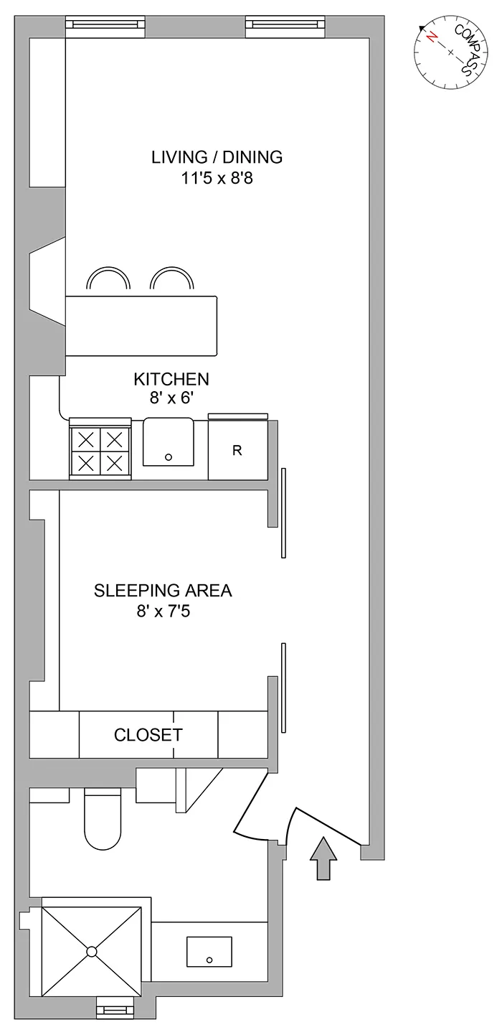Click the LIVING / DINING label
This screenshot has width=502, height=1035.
click(217, 156)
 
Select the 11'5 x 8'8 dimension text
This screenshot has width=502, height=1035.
click(217, 177)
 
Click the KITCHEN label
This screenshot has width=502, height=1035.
click(171, 379)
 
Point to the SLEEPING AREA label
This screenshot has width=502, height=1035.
click(163, 591)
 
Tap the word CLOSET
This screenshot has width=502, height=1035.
click(148, 735)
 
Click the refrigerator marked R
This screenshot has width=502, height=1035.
click(237, 451)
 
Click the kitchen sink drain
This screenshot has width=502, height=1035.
click(169, 456)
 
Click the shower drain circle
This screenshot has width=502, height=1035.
click(91, 952)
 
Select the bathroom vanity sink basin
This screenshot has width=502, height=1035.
click(209, 952)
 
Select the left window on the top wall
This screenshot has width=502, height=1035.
click(105, 27)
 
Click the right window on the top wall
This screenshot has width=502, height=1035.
click(285, 27)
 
